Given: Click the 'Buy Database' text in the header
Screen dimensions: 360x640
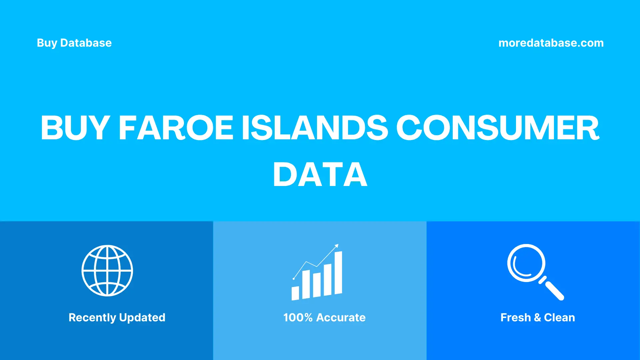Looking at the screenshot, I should tap(74, 43).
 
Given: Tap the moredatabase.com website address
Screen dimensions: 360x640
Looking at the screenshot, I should tap(551, 43).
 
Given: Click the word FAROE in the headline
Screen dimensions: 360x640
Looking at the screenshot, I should tap(176, 128).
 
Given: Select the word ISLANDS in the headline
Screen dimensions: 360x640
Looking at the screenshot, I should tap(315, 128).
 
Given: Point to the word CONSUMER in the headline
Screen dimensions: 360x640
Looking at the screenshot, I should tap(497, 128).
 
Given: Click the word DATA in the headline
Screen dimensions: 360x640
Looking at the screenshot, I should tap(320, 175).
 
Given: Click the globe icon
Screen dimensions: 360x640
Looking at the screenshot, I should tap(107, 271).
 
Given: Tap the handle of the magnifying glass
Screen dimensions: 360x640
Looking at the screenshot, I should tap(553, 290).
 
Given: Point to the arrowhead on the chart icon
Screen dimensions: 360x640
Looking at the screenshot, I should tap(337, 246).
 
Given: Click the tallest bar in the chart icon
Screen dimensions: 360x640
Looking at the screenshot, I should tap(338, 273).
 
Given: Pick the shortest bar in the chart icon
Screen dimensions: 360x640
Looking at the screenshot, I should tap(295, 293).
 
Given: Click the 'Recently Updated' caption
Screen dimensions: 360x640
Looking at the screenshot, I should tap(117, 317).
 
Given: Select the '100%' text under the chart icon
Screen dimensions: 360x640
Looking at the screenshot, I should tap(298, 317).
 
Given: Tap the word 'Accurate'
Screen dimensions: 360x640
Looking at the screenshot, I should tap(341, 317).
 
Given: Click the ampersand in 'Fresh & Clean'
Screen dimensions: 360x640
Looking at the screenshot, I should tap(537, 318).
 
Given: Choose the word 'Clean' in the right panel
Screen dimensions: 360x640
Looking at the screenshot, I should tap(559, 317).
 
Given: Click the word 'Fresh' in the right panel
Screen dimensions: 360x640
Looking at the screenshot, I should tap(515, 317).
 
